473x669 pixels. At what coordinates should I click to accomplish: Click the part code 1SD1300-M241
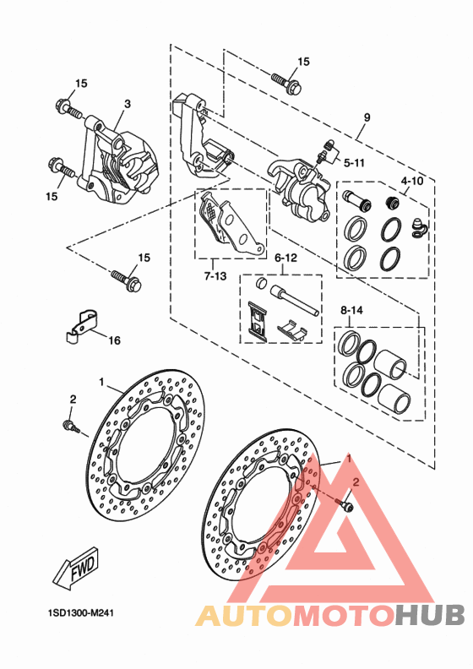[80, 613]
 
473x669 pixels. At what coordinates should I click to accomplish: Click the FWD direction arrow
[76, 568]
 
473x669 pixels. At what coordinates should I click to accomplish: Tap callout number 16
[114, 340]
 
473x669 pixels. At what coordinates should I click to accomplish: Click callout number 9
[367, 117]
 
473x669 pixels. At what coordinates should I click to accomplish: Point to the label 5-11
[354, 162]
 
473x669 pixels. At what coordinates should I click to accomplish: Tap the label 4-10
[411, 181]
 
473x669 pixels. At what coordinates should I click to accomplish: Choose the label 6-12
[285, 258]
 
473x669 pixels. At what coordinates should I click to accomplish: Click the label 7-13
[215, 276]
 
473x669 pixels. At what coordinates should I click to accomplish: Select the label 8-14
[351, 310]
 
